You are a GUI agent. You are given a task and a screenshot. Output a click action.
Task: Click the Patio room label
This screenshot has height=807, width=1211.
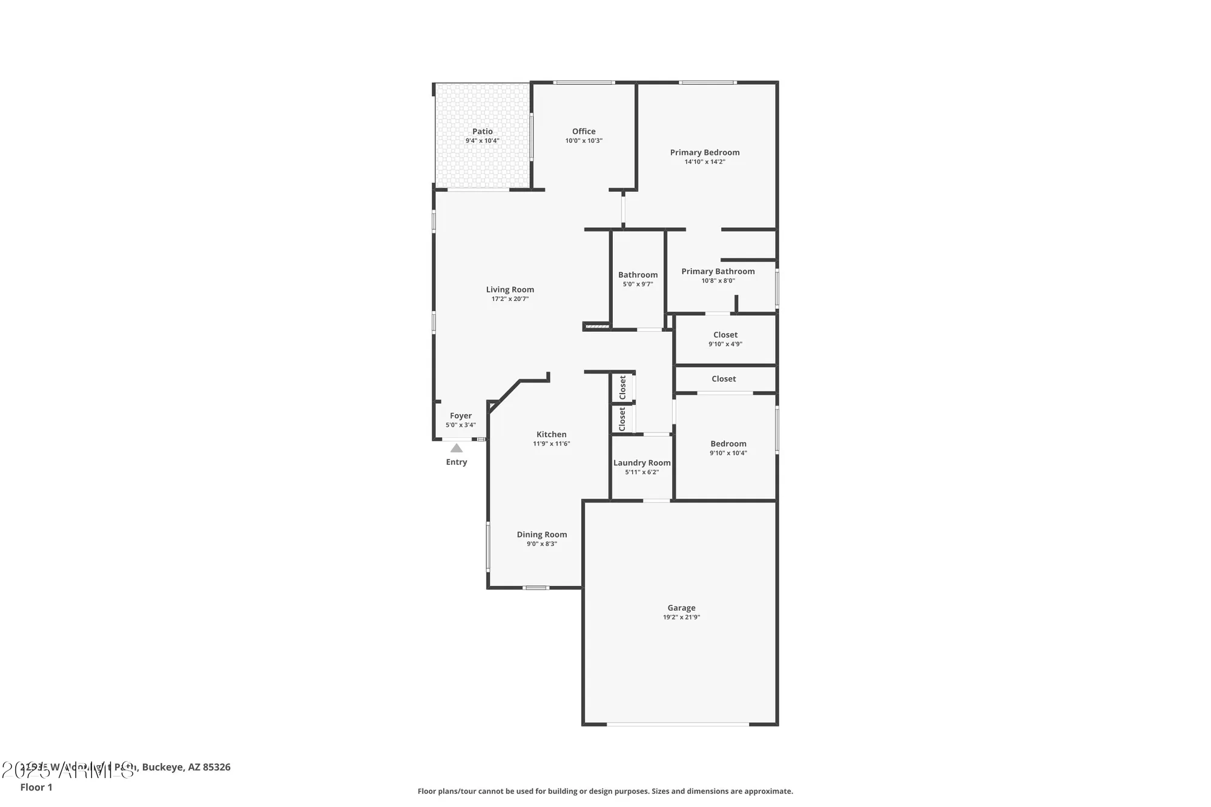click(483, 131)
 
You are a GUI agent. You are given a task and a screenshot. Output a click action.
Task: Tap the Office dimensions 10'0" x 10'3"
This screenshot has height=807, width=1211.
click(584, 141)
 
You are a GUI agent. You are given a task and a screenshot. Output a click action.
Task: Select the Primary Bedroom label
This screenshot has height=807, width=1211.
click(705, 153)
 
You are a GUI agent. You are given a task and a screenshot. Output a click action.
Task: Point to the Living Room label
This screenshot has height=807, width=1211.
click(510, 289)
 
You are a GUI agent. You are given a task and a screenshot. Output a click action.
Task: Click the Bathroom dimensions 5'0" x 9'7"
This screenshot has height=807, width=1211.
click(638, 285)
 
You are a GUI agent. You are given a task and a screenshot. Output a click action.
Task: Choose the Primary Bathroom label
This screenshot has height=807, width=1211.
click(718, 271)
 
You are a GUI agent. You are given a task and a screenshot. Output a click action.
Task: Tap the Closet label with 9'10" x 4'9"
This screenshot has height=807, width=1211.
click(725, 335)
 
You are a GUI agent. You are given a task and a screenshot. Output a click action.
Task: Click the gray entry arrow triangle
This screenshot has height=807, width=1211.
click(457, 449)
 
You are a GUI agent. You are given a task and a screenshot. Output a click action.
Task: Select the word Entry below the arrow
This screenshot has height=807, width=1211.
click(457, 463)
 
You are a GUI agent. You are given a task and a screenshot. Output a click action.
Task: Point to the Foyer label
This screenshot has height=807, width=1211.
click(461, 416)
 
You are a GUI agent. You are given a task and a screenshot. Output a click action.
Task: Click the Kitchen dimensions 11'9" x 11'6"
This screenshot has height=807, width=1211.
click(551, 444)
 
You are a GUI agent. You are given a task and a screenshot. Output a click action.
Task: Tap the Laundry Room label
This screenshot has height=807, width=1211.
click(642, 463)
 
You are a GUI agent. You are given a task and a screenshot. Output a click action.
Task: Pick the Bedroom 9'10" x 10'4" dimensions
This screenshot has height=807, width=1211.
click(728, 453)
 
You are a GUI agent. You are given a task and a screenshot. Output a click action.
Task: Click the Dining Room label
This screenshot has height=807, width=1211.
click(542, 535)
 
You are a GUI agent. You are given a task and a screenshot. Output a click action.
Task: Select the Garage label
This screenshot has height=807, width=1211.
click(681, 608)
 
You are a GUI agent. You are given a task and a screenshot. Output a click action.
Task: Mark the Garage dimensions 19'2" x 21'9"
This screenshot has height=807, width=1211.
click(681, 618)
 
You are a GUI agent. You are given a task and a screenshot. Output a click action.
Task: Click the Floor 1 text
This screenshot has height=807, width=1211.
click(36, 787)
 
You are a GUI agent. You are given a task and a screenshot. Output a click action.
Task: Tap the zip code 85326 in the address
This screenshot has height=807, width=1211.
click(217, 767)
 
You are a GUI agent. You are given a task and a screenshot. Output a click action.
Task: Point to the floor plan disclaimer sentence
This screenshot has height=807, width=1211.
click(605, 791)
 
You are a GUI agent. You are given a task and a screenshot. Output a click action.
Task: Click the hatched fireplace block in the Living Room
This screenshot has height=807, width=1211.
click(596, 327)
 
